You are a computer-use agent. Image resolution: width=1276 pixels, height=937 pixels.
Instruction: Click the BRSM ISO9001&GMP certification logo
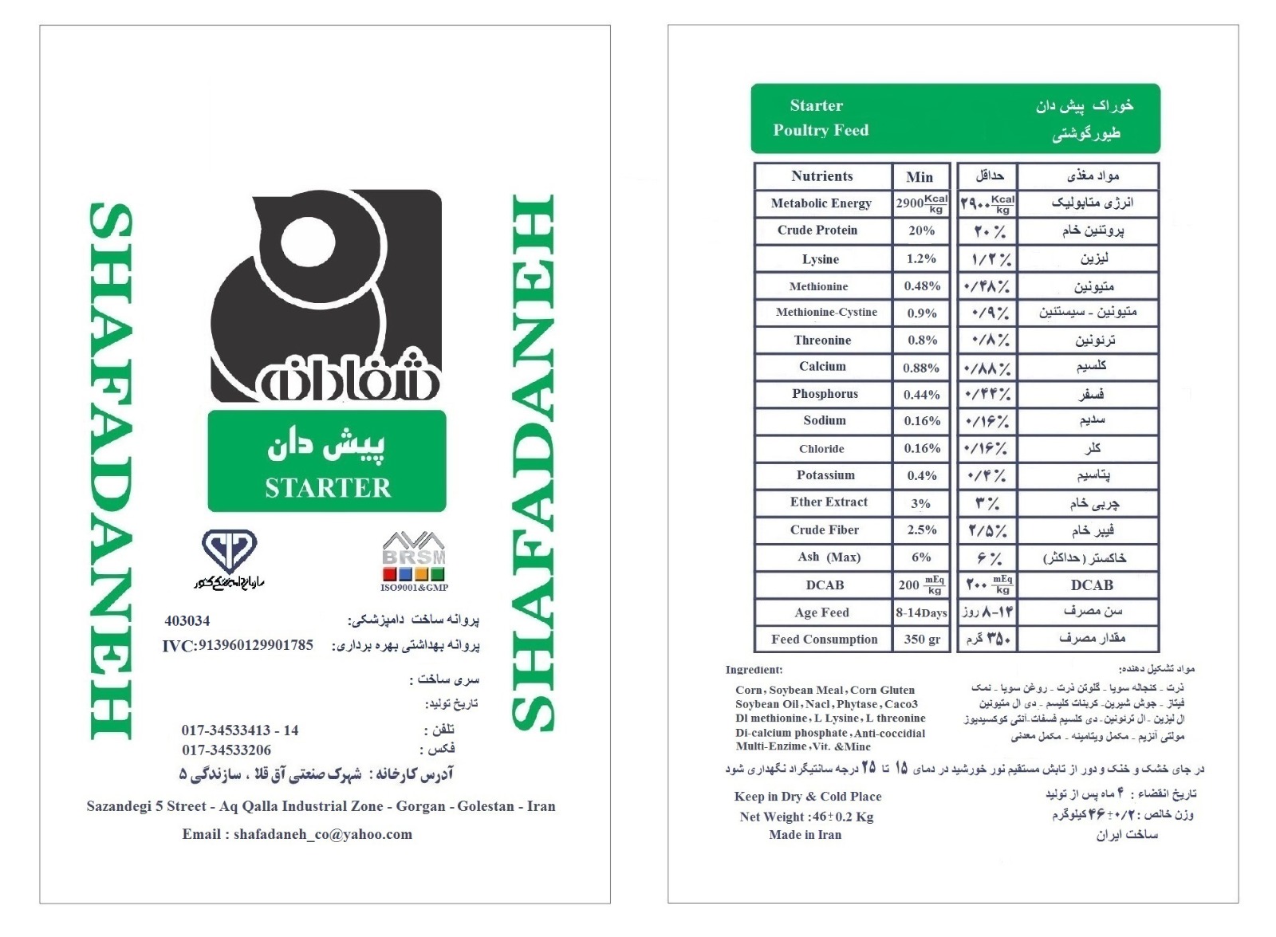(414, 561)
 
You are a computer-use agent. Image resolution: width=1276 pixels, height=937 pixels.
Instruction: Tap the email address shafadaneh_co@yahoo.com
(297, 834)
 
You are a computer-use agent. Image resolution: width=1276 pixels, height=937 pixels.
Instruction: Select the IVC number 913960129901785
(238, 645)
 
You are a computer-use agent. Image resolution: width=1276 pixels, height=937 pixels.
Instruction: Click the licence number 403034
(187, 620)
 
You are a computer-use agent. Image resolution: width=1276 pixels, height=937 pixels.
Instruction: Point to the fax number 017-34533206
(226, 750)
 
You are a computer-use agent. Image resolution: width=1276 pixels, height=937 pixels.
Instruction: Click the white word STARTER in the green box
(328, 487)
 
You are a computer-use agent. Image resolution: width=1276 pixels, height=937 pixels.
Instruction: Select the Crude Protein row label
(817, 230)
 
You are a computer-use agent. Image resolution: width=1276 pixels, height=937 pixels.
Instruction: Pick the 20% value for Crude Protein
(921, 230)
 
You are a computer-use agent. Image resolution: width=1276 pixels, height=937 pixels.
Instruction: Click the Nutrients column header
(821, 176)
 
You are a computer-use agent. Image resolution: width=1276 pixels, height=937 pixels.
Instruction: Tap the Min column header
(920, 177)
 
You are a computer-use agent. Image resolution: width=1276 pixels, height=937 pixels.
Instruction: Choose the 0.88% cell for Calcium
(921, 368)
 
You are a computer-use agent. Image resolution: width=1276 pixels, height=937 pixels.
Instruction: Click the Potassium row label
(825, 475)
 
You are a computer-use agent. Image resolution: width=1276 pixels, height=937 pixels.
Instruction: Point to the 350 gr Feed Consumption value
(922, 640)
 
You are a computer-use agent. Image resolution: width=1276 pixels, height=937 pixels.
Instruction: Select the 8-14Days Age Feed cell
(921, 612)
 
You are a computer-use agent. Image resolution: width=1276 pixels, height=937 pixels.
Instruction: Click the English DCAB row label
(825, 585)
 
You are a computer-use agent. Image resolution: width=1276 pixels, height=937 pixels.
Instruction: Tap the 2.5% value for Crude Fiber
(921, 530)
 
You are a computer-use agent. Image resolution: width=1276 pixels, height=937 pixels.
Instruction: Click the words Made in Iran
(805, 835)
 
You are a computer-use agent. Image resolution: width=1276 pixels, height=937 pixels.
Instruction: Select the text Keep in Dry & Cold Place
(808, 797)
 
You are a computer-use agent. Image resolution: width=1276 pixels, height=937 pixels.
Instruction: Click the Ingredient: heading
(754, 670)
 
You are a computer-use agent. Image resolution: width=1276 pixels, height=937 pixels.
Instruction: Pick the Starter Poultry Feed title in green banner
(820, 118)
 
